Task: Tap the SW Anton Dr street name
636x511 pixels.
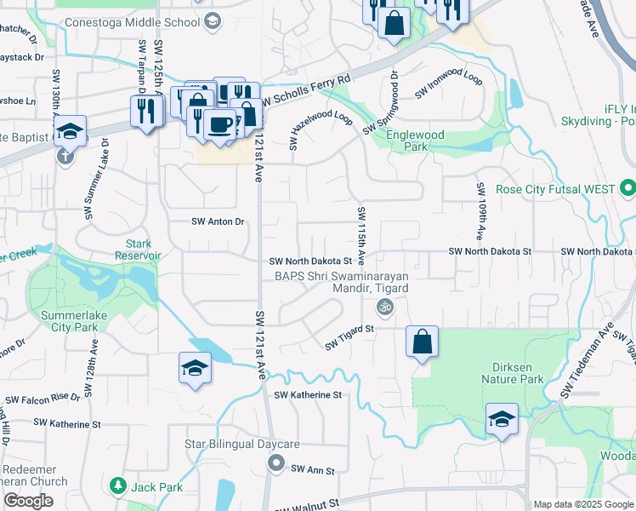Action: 218,221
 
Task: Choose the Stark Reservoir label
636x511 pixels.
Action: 138,249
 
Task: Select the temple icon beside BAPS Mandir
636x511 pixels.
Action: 383,307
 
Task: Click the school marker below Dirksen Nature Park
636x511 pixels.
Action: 502,420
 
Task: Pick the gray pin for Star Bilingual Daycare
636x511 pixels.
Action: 275,463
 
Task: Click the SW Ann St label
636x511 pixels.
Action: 313,470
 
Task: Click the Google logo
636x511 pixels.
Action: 28,501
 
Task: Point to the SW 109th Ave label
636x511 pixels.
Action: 480,210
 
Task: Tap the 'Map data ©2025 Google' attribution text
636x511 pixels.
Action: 582,504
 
